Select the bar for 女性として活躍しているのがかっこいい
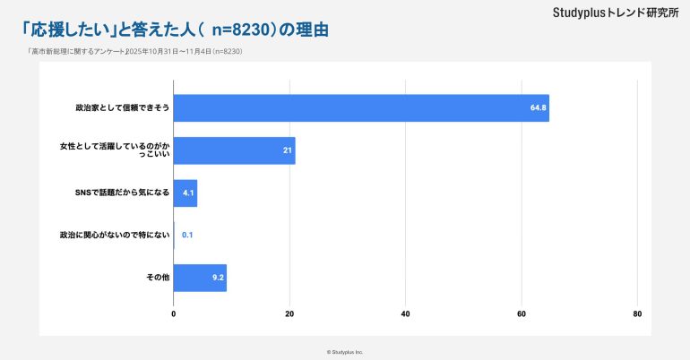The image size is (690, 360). coord(233,150)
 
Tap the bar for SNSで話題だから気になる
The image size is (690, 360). coord(185,193)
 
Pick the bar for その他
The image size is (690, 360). coord(199,278)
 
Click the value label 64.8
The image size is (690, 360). coord(538,108)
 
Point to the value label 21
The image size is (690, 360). coord(288,150)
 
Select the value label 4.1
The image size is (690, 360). coord(188,193)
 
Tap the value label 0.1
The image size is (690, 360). coord(187,236)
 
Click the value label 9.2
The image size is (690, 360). coord(218,278)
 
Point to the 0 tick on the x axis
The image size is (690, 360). coord(174,314)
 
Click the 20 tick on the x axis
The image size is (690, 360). coord(289,314)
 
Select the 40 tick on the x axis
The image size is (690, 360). coord(405,314)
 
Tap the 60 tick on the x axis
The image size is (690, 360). coord(522,314)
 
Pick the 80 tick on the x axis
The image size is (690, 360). coord(637,314)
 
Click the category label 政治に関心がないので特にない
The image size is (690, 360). coord(114,236)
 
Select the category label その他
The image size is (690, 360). coord(158,278)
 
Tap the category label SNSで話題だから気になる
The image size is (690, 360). coord(123,193)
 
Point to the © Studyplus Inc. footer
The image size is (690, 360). coord(345,352)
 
